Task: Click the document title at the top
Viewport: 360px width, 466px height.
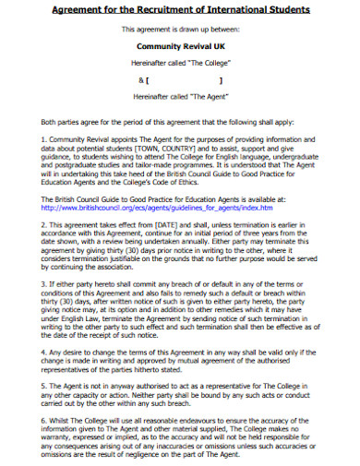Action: [x=179, y=9]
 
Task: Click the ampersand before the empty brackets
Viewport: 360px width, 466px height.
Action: [x=138, y=78]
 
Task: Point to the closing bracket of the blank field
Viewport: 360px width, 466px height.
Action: [x=222, y=78]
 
